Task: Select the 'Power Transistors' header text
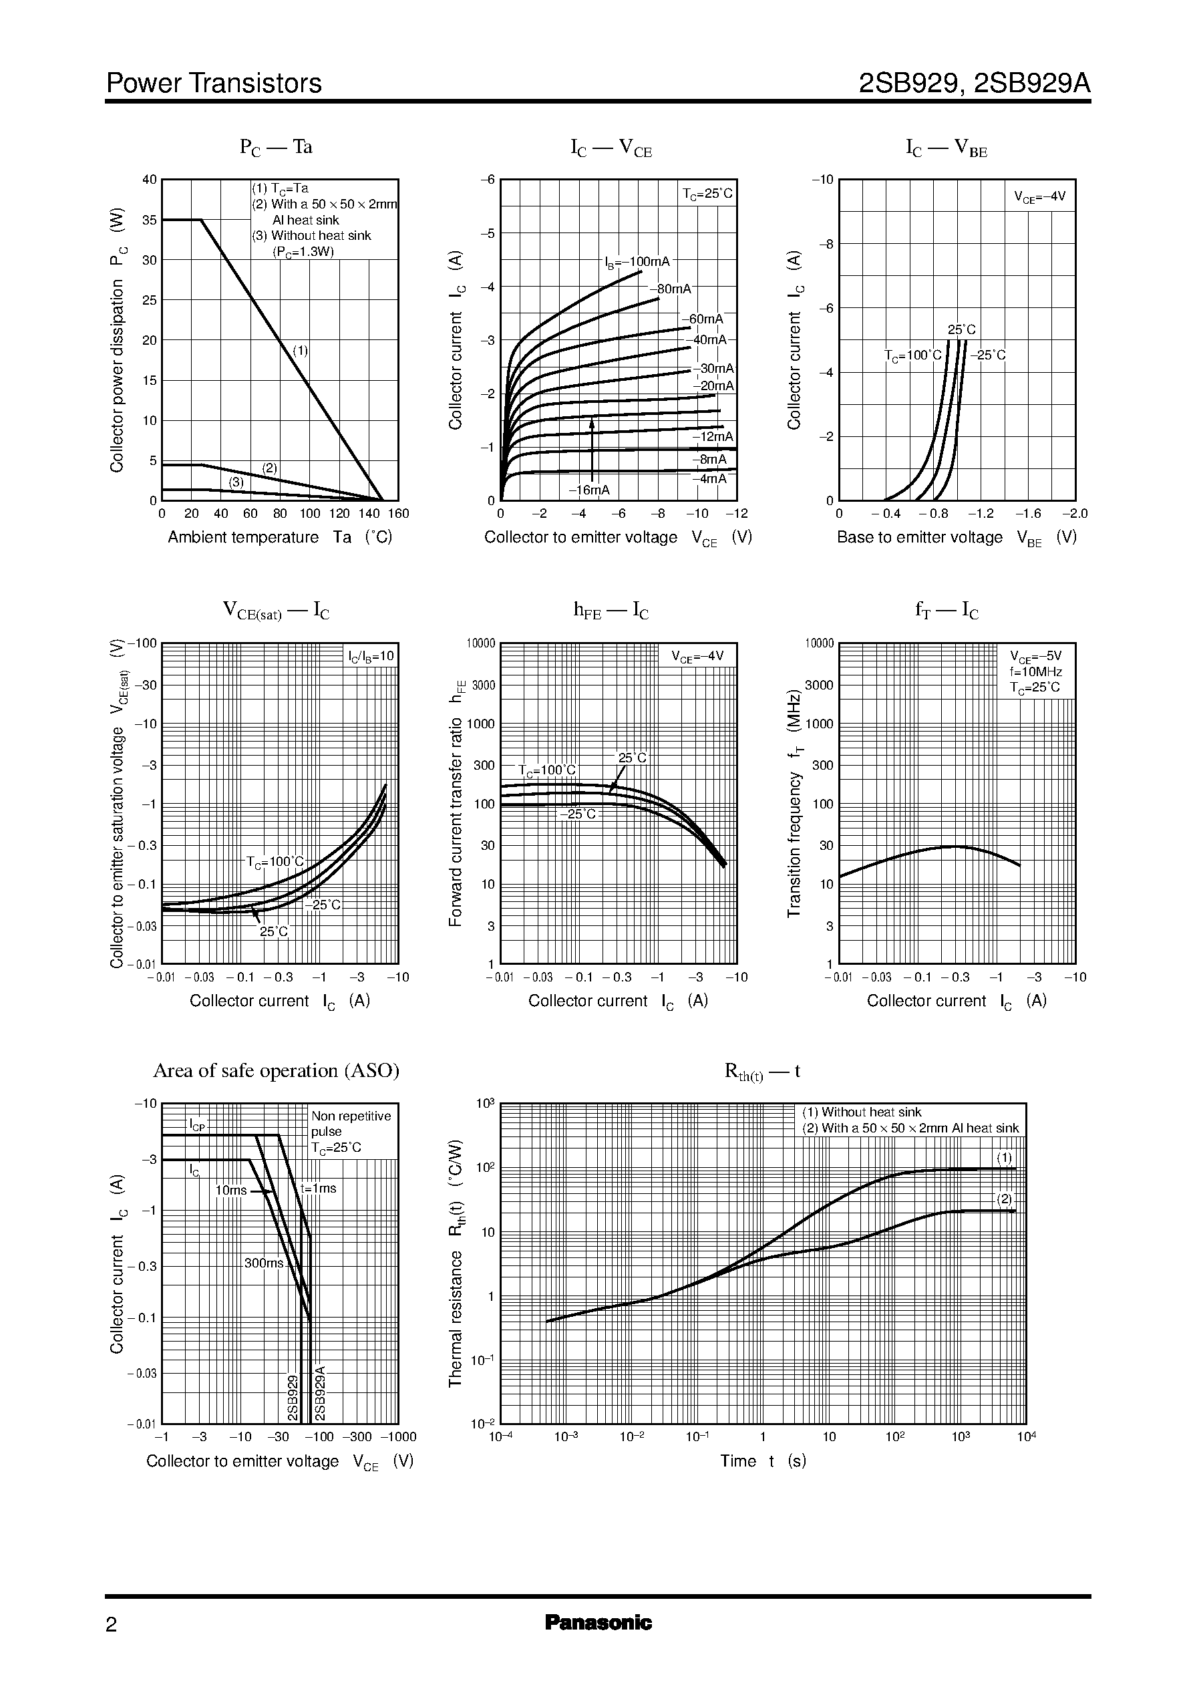click(x=214, y=84)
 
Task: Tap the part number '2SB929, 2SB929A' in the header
click(x=974, y=84)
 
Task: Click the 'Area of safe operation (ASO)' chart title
click(x=276, y=1070)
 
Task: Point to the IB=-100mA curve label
click(x=637, y=262)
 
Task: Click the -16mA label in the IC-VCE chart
click(x=589, y=490)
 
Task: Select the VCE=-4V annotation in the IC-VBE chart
click(x=1039, y=197)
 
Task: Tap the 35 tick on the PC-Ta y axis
click(x=150, y=220)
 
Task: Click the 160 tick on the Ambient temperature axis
click(x=398, y=514)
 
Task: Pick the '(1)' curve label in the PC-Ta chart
click(x=301, y=351)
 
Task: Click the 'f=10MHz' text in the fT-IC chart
click(x=1035, y=671)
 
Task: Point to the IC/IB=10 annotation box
click(x=371, y=655)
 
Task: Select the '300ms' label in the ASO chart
click(x=264, y=1263)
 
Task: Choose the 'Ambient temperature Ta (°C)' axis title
click(x=279, y=537)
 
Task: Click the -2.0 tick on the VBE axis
click(x=1075, y=514)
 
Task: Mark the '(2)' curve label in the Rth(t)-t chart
click(x=1005, y=1199)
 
